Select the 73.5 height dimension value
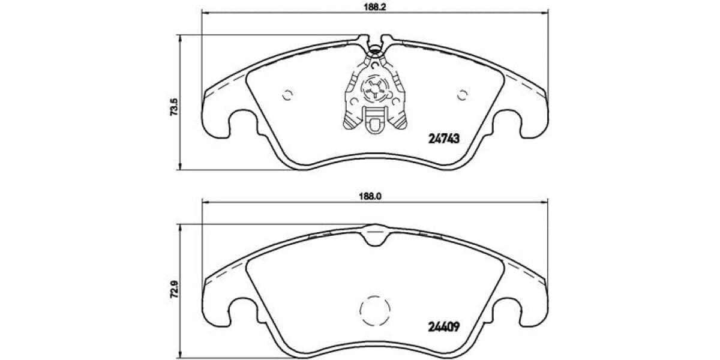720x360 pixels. coord(173,109)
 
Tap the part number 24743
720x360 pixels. coord(443,139)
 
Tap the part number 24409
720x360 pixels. coord(443,328)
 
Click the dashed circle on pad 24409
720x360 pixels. coord(374,310)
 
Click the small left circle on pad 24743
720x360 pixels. coord(287,94)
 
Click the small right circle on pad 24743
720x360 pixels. coord(462,94)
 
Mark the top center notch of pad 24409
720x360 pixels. coord(374,233)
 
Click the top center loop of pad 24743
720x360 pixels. coord(375,44)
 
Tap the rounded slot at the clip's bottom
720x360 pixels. coord(374,124)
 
